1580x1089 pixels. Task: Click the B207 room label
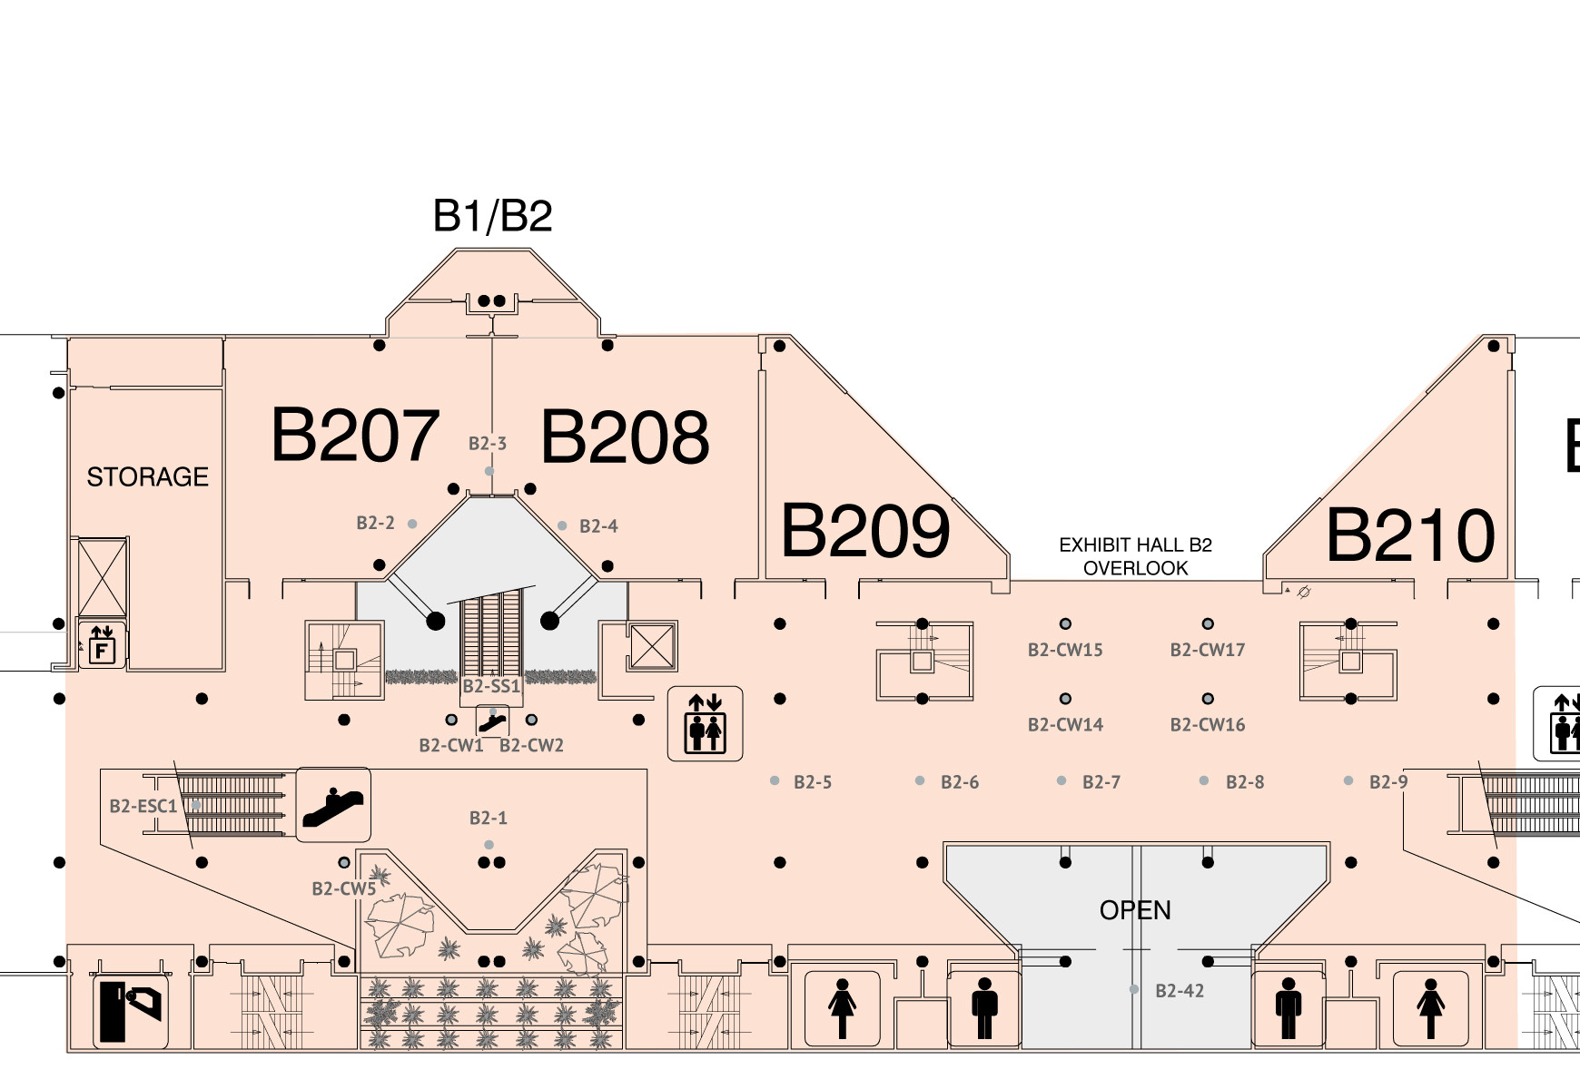(x=355, y=435)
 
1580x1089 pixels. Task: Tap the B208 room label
(x=625, y=437)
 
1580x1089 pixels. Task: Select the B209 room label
(x=865, y=531)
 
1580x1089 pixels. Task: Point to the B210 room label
(x=1410, y=535)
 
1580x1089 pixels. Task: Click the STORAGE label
(x=147, y=476)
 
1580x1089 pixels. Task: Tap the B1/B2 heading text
(x=492, y=216)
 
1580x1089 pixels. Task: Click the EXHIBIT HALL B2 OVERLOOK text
(x=1135, y=556)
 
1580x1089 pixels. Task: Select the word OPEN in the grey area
(x=1135, y=910)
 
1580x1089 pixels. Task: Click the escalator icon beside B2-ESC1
(x=333, y=805)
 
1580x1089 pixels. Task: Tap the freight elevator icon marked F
(x=102, y=643)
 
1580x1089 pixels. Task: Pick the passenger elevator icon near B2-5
(x=706, y=723)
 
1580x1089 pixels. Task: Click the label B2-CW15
(x=1065, y=650)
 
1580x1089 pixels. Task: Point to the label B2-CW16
(x=1207, y=725)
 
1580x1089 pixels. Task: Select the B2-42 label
(x=1180, y=991)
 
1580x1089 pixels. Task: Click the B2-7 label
(x=1101, y=782)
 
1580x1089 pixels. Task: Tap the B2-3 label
(x=488, y=444)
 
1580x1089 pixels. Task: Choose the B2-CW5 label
(x=343, y=889)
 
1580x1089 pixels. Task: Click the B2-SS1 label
(x=491, y=686)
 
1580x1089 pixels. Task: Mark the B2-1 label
(x=489, y=819)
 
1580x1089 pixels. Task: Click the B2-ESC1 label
(x=143, y=806)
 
